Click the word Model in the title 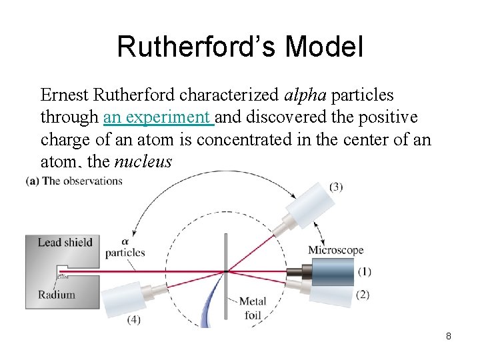tap(325, 47)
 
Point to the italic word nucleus tap(143, 161)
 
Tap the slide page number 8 tap(449, 336)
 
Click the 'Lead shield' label tap(65, 242)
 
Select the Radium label tap(57, 295)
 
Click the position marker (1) tap(364, 272)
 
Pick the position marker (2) tap(363, 295)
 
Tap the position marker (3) tap(336, 187)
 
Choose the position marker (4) tap(134, 319)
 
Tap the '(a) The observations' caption tap(74, 181)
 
